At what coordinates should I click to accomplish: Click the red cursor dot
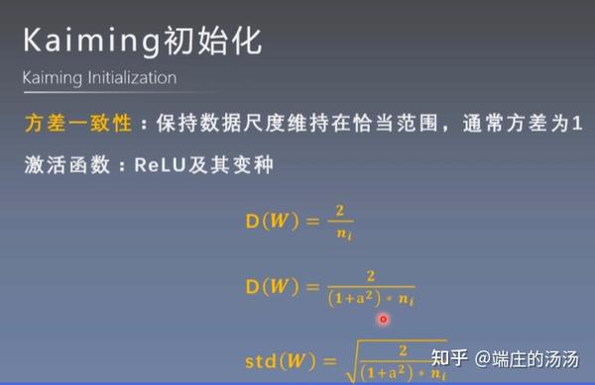[383, 319]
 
